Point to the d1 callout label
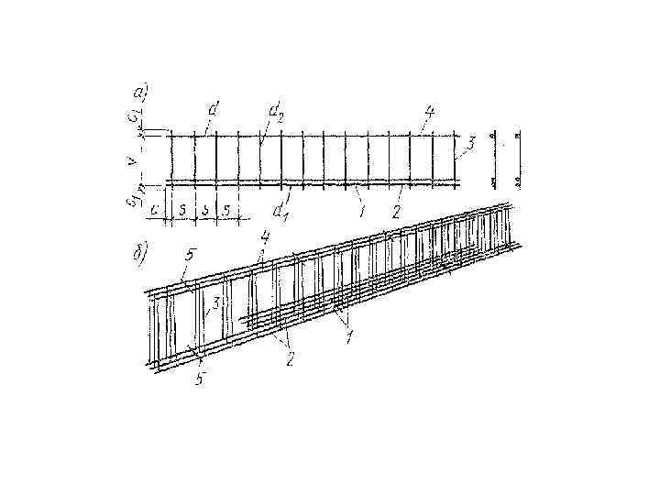coord(279,210)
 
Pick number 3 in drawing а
coord(469,144)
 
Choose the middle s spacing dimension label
coord(205,210)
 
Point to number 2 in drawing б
coord(290,358)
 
